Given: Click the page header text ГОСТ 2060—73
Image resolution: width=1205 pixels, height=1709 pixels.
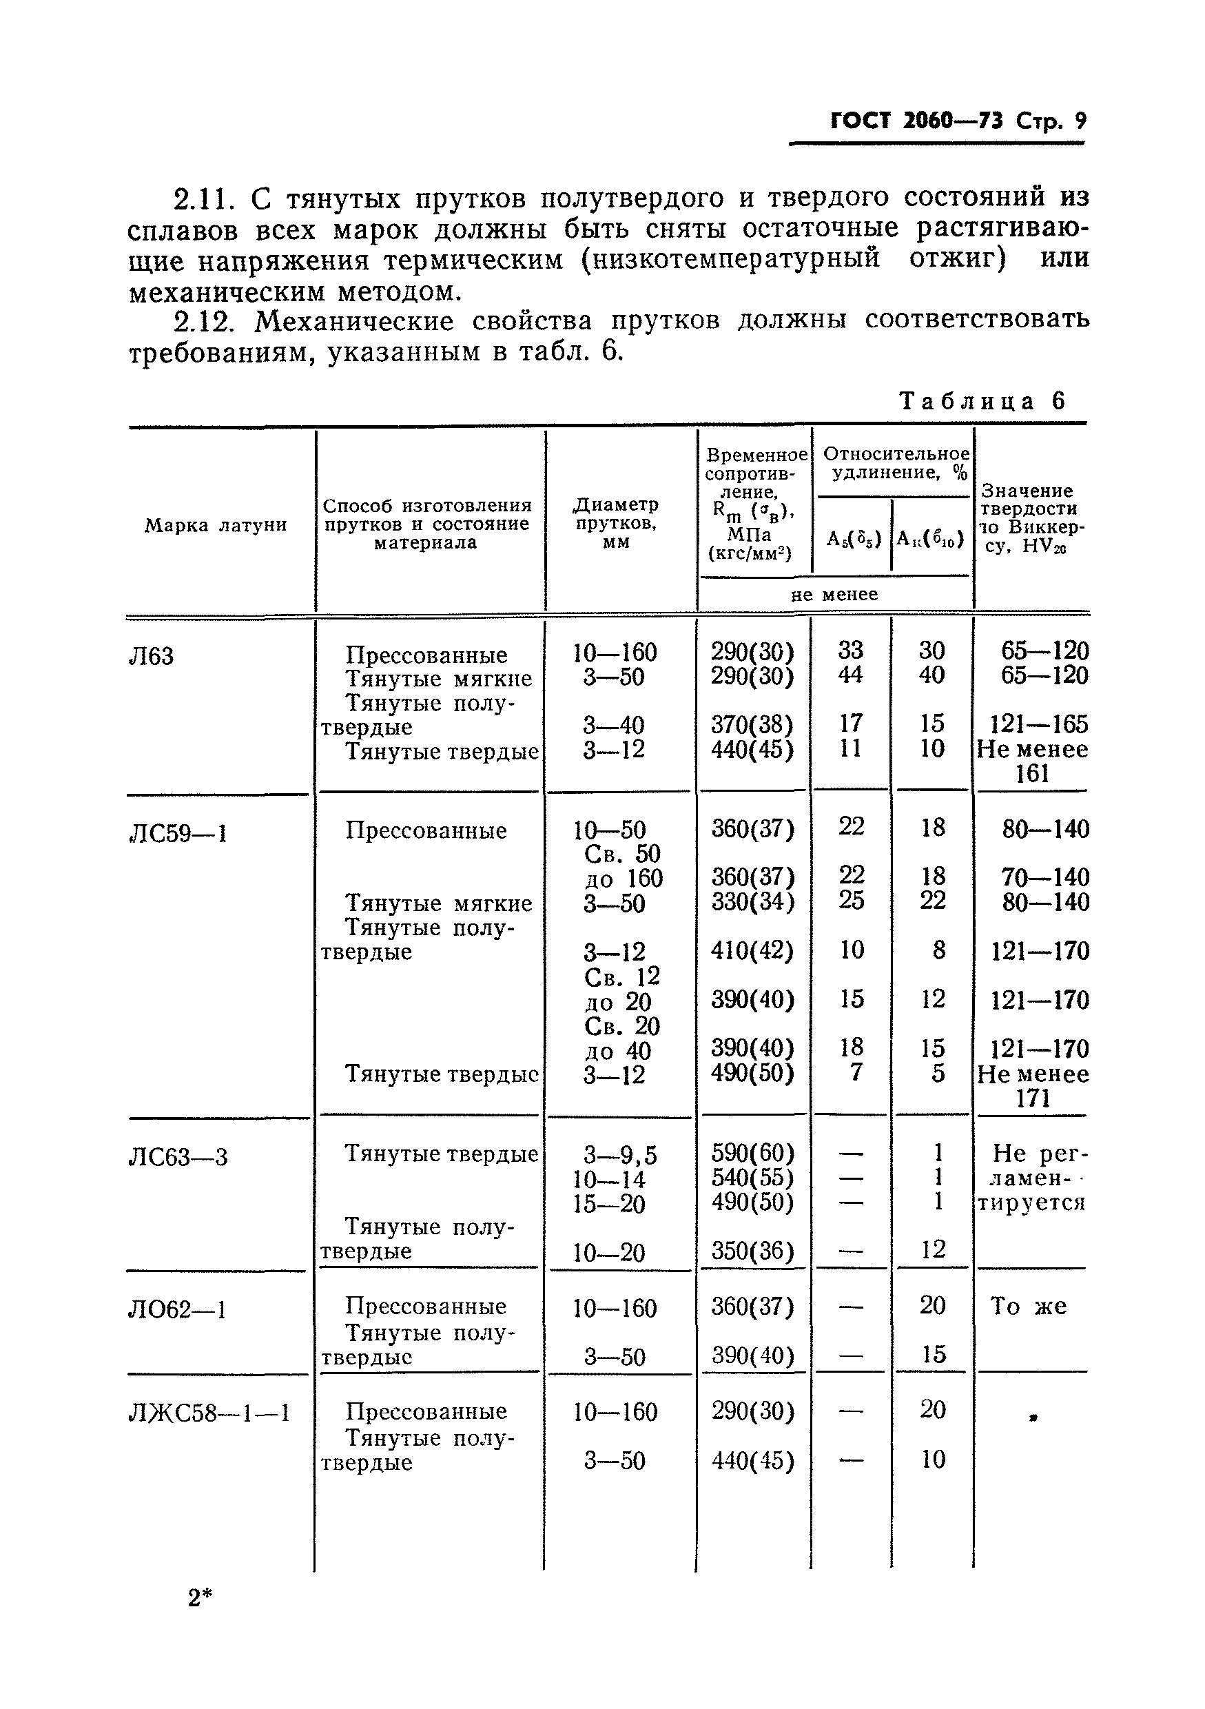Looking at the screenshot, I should pyautogui.click(x=916, y=121).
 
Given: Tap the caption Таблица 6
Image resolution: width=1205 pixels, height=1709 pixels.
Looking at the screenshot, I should pyautogui.click(x=982, y=401).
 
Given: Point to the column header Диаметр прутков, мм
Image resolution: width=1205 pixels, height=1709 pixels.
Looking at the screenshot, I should pyautogui.click(x=615, y=523).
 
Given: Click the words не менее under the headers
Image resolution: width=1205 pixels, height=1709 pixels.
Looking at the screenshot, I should pyautogui.click(x=834, y=594).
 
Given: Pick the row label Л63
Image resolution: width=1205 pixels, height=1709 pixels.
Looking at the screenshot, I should pyautogui.click(x=151, y=656).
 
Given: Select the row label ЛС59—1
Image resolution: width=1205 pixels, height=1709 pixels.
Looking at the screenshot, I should pyautogui.click(x=178, y=833).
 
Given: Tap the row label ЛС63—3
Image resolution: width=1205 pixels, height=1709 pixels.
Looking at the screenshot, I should pyautogui.click(x=178, y=1157).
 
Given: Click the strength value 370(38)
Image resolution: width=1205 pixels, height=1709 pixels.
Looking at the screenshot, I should pyautogui.click(x=752, y=724).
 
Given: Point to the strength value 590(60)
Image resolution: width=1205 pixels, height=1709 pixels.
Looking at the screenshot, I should pyautogui.click(x=752, y=1153).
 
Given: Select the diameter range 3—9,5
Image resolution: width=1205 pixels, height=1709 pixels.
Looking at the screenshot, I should pyautogui.click(x=620, y=1155).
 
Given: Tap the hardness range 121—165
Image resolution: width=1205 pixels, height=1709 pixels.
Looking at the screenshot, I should pyautogui.click(x=1039, y=724).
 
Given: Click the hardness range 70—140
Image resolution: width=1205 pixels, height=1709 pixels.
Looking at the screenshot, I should pyautogui.click(x=1045, y=877).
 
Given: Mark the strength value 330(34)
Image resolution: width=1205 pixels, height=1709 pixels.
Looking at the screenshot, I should pyautogui.click(x=752, y=901).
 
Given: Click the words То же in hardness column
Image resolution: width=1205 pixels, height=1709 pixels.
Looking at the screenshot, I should pyautogui.click(x=1028, y=1307).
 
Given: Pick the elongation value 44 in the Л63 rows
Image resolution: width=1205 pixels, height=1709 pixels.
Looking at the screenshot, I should pyautogui.click(x=851, y=675).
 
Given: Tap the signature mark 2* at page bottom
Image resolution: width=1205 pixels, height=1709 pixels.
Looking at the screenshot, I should pyautogui.click(x=200, y=1598).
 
